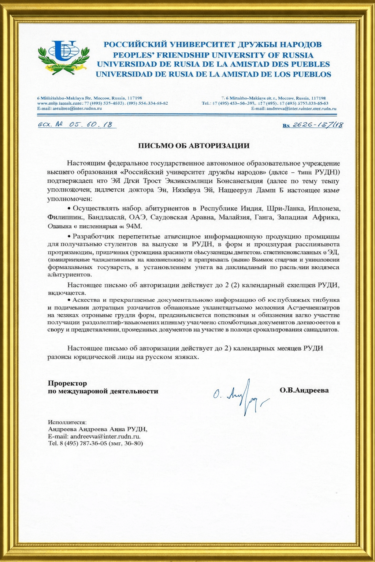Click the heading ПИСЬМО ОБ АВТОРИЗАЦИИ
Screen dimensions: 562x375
193,146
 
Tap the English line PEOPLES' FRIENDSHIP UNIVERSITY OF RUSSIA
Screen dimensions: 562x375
213,55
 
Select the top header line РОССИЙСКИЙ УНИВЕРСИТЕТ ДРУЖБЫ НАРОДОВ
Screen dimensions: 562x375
212,45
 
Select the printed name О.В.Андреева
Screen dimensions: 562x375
304,390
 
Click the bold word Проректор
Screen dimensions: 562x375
67,383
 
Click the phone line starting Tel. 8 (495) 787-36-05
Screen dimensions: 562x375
95,443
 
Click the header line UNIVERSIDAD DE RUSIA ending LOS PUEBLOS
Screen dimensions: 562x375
213,74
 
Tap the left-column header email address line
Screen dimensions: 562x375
69,108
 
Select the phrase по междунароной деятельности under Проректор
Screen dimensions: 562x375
103,391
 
